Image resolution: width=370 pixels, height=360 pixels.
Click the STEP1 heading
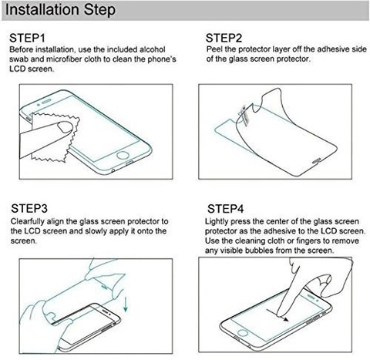pos(27,39)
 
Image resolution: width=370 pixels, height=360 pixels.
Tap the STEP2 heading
pos(224,38)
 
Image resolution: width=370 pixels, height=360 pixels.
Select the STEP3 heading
pos(29,208)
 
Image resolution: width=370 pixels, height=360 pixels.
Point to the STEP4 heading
pos(225,209)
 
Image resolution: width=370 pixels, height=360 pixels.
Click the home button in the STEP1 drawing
pos(123,156)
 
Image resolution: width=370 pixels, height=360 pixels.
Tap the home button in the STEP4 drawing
pos(242,333)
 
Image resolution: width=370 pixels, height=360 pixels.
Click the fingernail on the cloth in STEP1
pos(66,127)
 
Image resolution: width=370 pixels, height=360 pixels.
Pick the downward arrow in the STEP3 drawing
pos(126,304)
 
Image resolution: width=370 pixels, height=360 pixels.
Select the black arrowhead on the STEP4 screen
pos(286,319)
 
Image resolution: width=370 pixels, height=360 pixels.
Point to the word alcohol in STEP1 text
pos(153,49)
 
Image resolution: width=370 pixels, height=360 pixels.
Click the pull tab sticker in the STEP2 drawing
pos(244,115)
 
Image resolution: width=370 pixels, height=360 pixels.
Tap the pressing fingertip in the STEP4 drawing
pos(281,311)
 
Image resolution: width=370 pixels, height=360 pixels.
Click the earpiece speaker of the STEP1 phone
pos(46,103)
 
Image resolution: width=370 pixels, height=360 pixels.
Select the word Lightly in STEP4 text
pos(217,221)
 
